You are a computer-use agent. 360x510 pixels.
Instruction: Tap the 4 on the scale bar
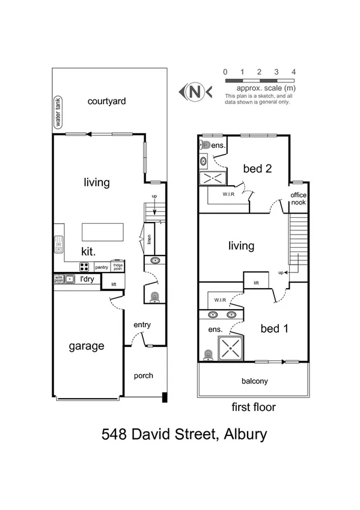coord(293,72)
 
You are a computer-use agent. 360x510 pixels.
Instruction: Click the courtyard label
coord(106,101)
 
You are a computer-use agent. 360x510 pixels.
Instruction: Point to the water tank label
coord(59,112)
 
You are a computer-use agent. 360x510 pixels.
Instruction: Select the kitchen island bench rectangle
coord(103,232)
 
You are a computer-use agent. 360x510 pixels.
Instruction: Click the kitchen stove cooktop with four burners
coord(85,267)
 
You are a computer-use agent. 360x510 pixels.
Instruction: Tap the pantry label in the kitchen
coord(102,266)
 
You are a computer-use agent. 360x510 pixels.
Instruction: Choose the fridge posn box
coord(118,266)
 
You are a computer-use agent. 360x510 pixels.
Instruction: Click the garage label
coord(86,346)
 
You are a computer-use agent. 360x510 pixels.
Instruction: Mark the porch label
coord(143,376)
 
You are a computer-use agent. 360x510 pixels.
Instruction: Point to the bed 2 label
coord(257,168)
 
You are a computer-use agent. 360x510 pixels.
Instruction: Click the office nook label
coord(298,199)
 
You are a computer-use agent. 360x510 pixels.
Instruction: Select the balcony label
coord(255,381)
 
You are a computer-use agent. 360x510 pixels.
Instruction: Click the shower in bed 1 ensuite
coord(229,347)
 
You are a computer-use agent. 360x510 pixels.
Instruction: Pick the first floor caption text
coord(254,407)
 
